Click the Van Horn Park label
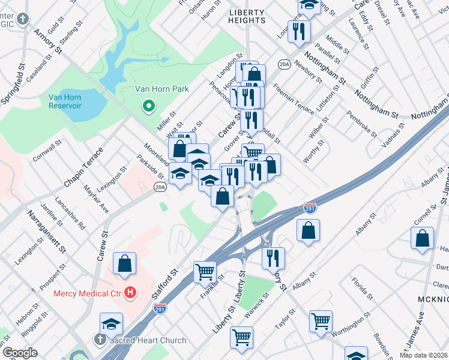(x=161, y=89)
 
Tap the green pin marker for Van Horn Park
(x=148, y=107)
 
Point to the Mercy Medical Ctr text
(x=88, y=293)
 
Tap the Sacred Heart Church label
(x=148, y=340)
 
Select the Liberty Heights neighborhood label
(x=247, y=16)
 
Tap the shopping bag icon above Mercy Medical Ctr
(x=124, y=263)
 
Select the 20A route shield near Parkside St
(x=159, y=187)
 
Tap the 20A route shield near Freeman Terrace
(x=284, y=63)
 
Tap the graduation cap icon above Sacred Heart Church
(x=111, y=324)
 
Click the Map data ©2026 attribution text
(x=424, y=355)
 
